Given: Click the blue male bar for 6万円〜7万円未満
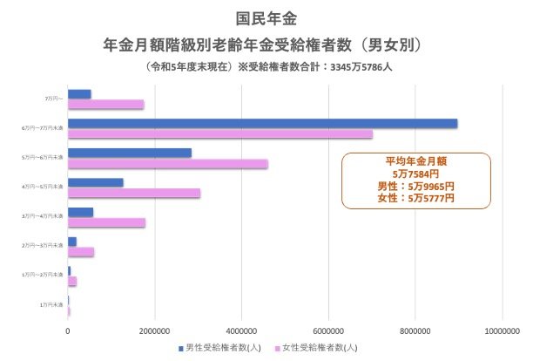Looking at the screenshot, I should (261, 123).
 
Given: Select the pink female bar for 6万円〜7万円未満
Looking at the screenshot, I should (219, 133).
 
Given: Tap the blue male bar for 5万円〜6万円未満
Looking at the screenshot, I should (129, 153).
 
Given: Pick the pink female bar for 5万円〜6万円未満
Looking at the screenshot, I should (167, 163).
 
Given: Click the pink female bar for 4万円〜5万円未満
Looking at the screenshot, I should (133, 193).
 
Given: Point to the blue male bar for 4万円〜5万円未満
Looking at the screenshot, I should (95, 182).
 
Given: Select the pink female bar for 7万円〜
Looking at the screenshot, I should (105, 105).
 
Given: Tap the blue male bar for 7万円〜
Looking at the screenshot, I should (79, 94).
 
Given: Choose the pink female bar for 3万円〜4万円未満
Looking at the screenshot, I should (106, 222).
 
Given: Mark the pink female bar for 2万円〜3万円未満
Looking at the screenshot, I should (80, 252).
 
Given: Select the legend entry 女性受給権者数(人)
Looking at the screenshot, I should (319, 346).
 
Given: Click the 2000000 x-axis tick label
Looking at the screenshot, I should (154, 330).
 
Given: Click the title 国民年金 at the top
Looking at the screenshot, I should (266, 17).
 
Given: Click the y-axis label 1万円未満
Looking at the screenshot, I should (52, 304).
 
